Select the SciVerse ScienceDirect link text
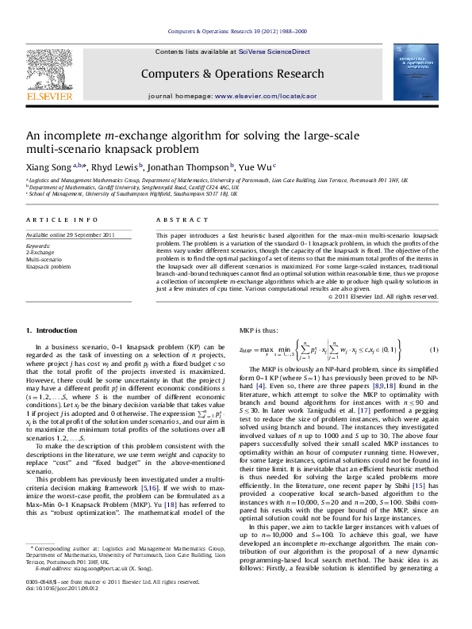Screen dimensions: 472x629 (279, 51)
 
